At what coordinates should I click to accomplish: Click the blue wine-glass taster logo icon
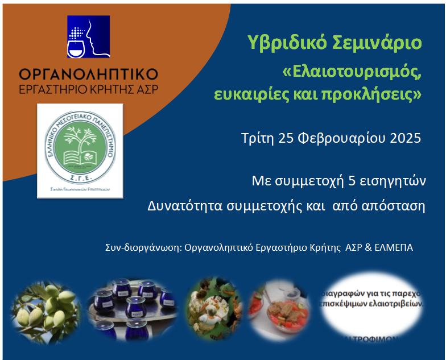88,37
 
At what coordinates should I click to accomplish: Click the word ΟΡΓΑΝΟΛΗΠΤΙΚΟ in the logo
88,75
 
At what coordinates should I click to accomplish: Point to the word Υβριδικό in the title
283,43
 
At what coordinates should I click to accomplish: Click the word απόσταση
398,205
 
